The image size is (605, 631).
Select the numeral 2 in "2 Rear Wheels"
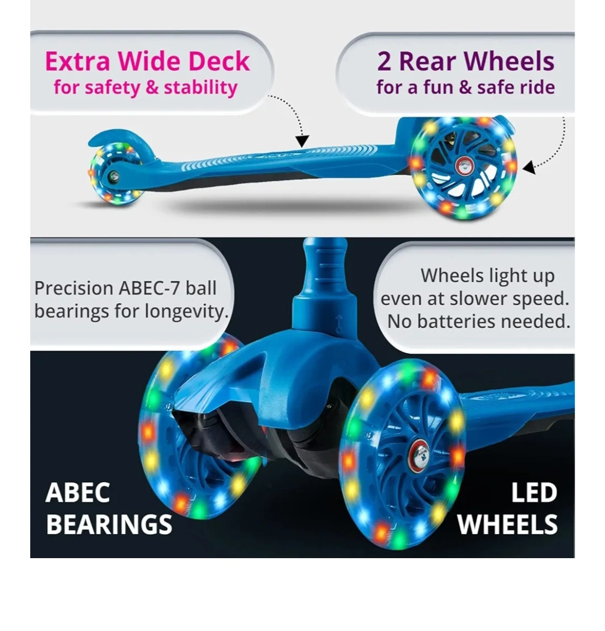pos(384,62)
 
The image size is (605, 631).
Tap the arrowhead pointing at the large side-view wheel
pos(529,166)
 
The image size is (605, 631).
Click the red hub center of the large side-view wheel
pos(463,164)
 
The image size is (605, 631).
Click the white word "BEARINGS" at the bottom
pos(109,525)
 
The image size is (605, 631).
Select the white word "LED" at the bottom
pos(534,493)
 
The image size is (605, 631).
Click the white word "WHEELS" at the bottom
pos(507,525)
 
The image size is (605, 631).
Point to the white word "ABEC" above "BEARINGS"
pos(77,493)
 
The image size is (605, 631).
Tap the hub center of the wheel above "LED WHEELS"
pos(417,452)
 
